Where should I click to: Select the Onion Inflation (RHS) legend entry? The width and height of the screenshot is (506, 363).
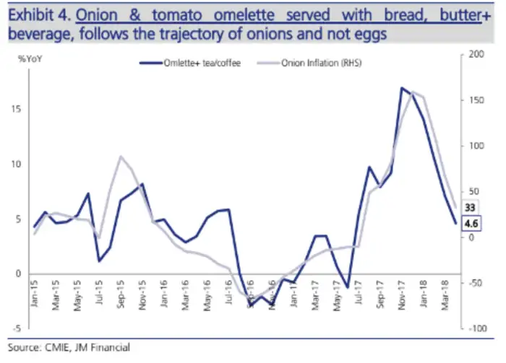(x=327, y=64)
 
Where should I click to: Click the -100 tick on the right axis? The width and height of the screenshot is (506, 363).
(x=477, y=329)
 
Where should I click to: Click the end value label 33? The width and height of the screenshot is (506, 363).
(x=469, y=206)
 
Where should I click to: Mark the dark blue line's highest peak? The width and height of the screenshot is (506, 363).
(x=401, y=88)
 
